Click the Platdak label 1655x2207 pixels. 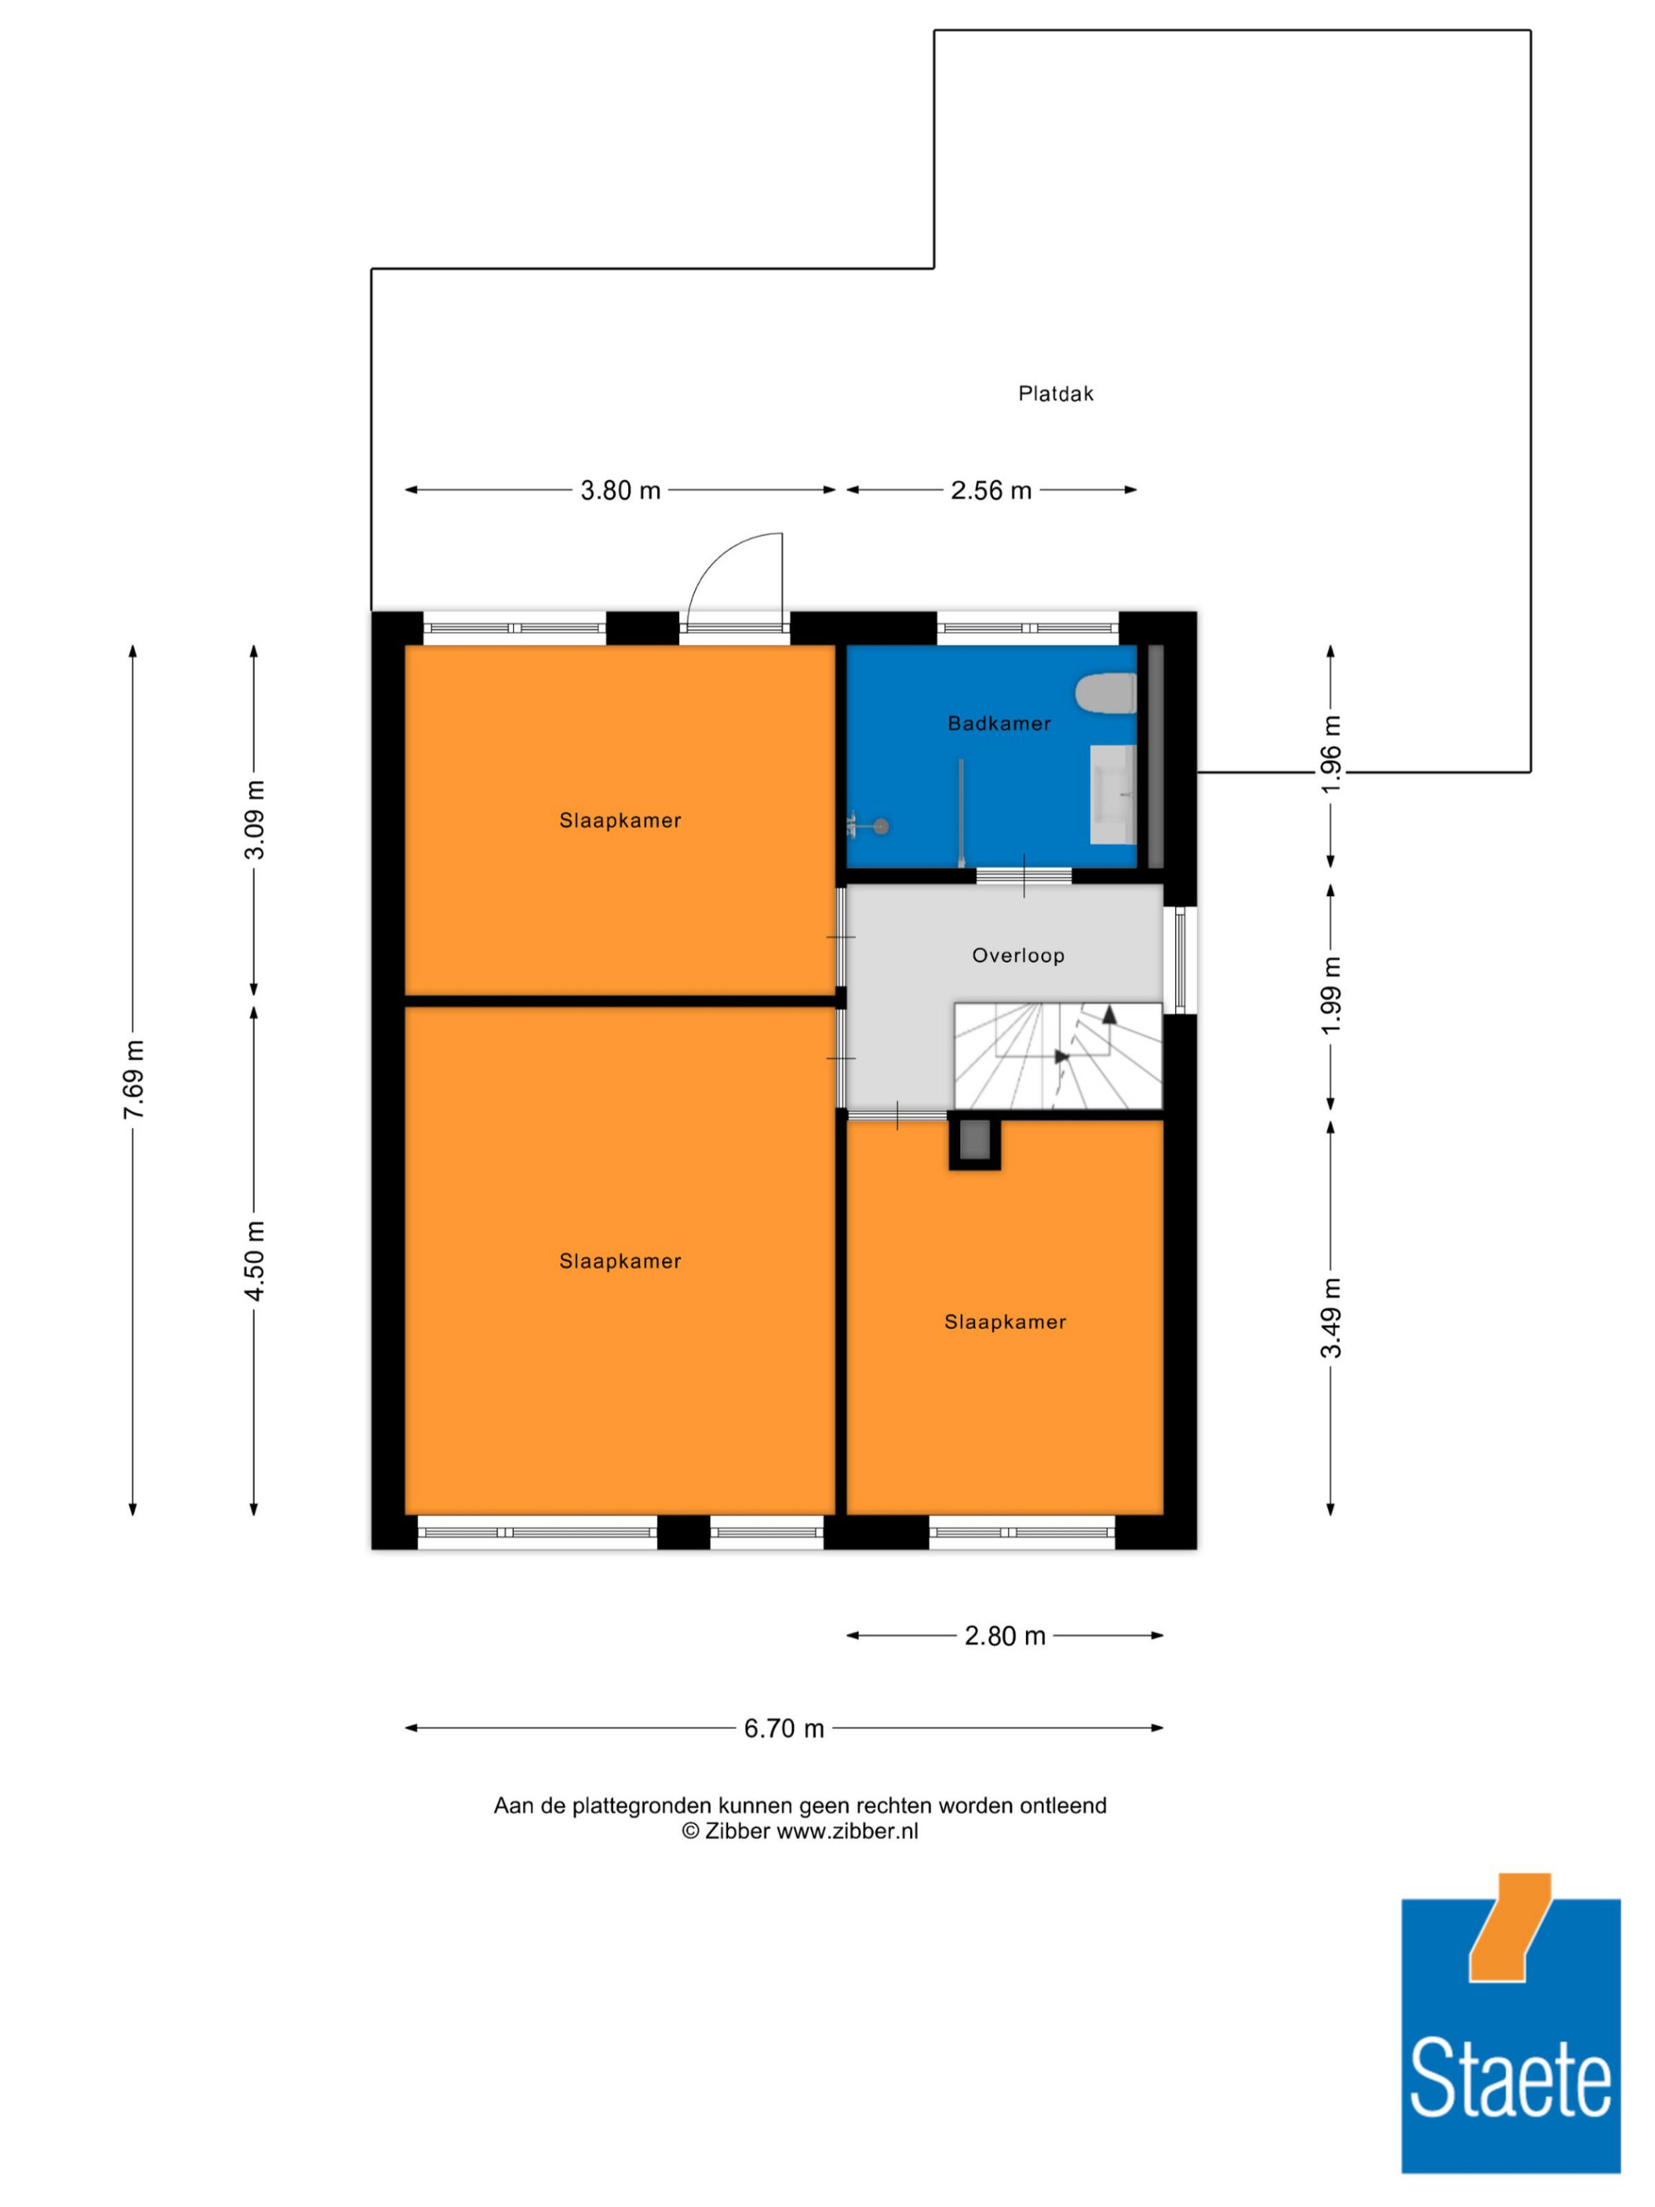1055,394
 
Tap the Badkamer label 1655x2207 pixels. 999,723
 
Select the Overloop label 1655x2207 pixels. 1018,955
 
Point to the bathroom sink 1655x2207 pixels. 1112,794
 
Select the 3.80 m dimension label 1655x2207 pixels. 621,490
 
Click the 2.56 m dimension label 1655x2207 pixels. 991,490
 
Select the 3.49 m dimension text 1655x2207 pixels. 1331,1318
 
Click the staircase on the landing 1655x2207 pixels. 1058,1056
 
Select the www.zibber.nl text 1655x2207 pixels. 848,1830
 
